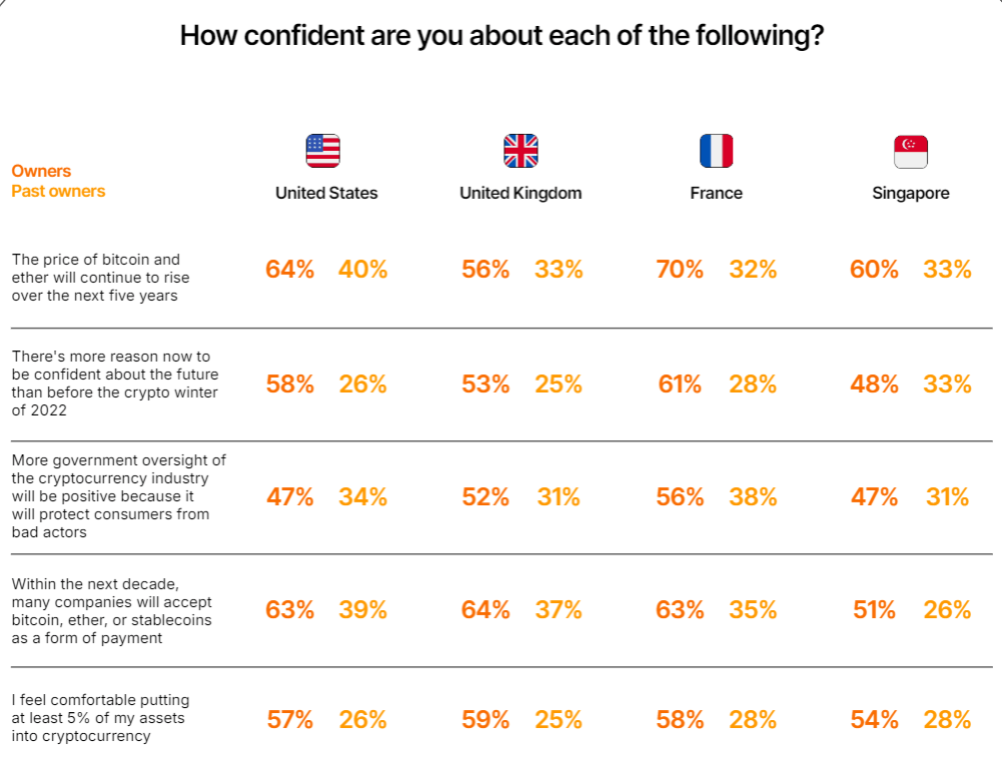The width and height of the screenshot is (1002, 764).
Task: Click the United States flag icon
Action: (323, 151)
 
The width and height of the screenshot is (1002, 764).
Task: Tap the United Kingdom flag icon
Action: (520, 151)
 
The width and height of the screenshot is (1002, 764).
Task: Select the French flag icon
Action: (716, 151)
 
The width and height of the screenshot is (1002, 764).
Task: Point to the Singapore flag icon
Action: (910, 151)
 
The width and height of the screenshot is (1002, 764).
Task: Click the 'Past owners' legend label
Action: (58, 191)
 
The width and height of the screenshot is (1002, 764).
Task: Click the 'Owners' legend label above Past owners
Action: (41, 171)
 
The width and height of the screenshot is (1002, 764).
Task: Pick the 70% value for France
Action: (680, 269)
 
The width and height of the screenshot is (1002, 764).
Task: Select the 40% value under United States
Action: (363, 269)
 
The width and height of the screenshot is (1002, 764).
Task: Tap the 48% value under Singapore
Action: (874, 383)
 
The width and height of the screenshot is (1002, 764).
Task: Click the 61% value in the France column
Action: (680, 383)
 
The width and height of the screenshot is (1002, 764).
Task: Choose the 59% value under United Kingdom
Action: (486, 719)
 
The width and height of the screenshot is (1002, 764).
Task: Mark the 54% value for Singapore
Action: (874, 719)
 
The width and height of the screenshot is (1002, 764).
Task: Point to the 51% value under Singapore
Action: (874, 609)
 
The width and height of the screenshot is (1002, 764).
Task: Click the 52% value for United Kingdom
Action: (486, 496)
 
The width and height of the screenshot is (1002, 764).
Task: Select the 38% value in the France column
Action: (753, 496)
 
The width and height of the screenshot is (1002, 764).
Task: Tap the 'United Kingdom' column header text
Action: (520, 193)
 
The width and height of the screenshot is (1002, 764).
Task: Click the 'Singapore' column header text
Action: (910, 193)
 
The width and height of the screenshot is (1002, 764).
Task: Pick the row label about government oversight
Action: (118, 496)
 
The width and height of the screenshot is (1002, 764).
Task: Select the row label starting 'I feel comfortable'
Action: (100, 718)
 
